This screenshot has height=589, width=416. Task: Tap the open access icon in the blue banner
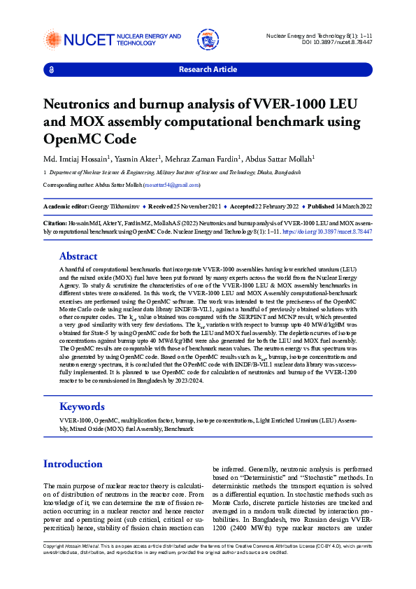point(50,69)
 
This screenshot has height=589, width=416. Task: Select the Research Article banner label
point(208,69)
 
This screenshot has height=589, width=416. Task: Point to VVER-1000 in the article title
point(294,104)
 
